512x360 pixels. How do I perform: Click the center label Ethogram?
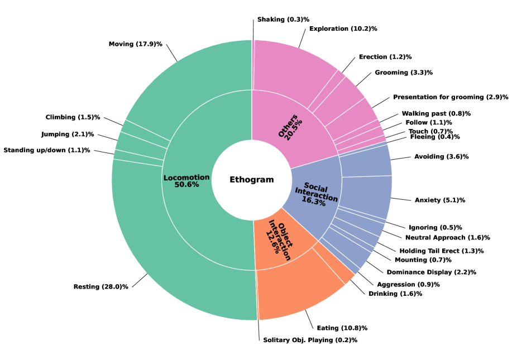[x=252, y=180]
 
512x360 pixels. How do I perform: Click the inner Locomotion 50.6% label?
[x=186, y=181]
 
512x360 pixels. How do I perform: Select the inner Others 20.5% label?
[x=291, y=128]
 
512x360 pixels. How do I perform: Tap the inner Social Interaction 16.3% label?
[x=316, y=193]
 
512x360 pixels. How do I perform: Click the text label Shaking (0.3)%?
[x=283, y=20]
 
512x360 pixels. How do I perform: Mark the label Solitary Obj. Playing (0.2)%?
[x=310, y=340]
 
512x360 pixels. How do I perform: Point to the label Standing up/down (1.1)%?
[x=47, y=150]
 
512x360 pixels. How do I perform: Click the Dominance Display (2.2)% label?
[x=431, y=272]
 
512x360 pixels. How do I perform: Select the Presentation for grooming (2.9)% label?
[x=451, y=97]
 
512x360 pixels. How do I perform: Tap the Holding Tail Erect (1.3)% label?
[x=441, y=251]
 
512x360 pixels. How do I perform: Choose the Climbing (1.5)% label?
[x=73, y=117]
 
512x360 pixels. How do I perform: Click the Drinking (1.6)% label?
[x=395, y=294]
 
